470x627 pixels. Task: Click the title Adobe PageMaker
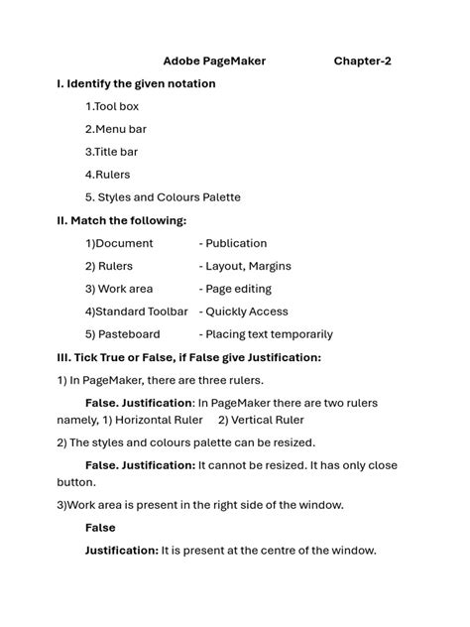point(214,62)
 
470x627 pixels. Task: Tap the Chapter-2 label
point(362,62)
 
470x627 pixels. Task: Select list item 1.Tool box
point(112,106)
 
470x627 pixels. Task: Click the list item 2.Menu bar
point(116,129)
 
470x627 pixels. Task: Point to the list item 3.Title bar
point(112,152)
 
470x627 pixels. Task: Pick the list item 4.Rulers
point(108,175)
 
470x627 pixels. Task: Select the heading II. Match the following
point(121,220)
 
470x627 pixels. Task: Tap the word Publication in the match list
point(236,243)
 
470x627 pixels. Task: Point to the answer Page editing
point(239,289)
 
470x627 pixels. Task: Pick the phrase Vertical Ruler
point(268,420)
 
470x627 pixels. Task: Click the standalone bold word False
point(100,528)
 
